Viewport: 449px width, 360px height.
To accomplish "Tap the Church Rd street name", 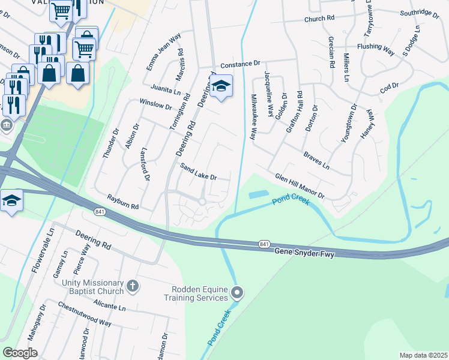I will point(319,19).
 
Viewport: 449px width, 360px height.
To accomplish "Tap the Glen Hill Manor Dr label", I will point(300,187).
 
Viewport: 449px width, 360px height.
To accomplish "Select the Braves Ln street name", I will point(316,160).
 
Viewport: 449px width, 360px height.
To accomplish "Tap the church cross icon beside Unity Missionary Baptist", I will point(133,286).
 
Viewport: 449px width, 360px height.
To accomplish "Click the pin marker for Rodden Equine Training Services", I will point(238,293).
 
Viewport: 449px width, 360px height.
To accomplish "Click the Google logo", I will point(20,352).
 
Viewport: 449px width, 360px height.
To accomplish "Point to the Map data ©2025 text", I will point(423,355).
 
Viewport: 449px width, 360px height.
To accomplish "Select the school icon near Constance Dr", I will point(221,86).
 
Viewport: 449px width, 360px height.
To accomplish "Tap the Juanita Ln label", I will point(166,89).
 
